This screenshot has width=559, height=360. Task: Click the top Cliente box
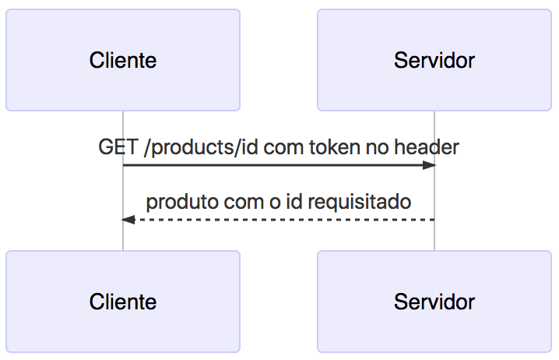point(123,60)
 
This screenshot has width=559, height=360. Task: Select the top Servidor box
point(434,60)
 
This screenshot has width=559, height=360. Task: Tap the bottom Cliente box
point(123,302)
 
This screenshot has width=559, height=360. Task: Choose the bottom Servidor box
point(434,302)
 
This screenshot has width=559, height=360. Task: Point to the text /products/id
point(199,146)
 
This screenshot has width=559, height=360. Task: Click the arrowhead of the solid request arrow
point(429,165)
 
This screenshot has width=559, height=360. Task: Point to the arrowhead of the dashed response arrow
point(128,220)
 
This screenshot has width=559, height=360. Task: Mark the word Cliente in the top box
point(123,60)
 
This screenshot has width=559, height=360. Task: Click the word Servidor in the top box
point(434,60)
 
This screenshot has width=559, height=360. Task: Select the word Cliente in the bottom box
point(123,302)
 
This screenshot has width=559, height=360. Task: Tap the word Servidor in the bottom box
point(434,302)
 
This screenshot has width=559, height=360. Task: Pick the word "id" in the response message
point(294,202)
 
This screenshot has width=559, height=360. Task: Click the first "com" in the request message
point(280,146)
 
